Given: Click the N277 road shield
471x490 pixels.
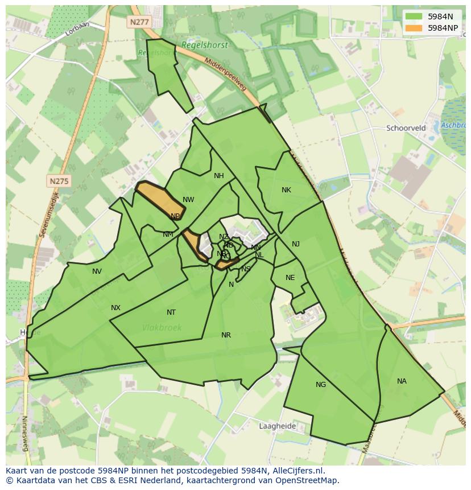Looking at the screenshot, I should pos(138,22).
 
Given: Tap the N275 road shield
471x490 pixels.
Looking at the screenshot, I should pos(59,181).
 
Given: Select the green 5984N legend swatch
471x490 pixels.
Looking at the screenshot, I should pos(414,17).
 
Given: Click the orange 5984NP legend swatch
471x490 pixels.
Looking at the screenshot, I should pos(414,27).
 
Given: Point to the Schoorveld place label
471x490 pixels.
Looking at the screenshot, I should pos(406,128).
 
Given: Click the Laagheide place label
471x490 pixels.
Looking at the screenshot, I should pos(277,426).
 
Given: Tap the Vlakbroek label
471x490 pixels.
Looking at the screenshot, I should pos(162,327).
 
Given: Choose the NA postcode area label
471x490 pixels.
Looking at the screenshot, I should pos(402,381).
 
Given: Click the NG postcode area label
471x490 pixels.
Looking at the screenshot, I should pos(321,385).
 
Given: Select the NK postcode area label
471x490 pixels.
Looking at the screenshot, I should pos(286,190).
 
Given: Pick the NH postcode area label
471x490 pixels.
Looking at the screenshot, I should pos(219,176).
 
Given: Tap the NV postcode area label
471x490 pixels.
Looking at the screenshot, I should pos(97,271).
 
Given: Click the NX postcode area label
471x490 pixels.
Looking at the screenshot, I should pos(115,308).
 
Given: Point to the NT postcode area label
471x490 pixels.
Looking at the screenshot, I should pos(171,312).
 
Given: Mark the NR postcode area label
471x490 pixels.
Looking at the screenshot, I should pos(226,335).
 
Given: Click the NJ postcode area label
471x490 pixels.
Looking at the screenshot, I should pos(296,244).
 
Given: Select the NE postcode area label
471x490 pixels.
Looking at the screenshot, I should pos(290,278).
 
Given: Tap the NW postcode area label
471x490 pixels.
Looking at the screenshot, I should pos(188,200).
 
